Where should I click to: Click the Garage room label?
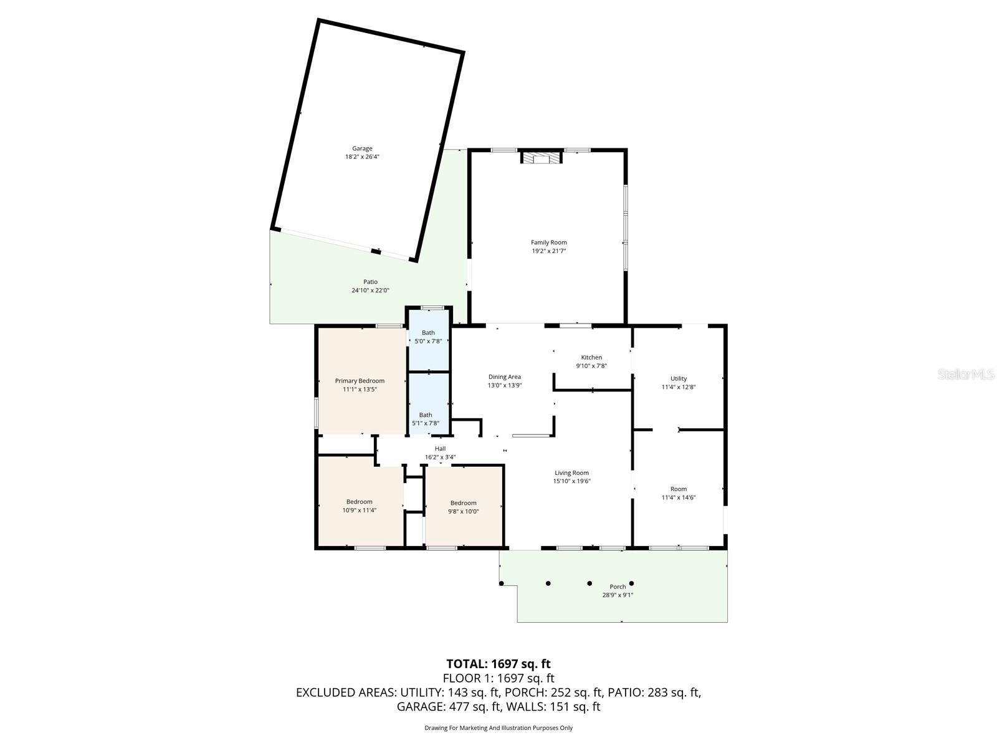362,148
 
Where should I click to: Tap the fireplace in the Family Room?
541,159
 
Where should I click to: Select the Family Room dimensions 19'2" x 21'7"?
549,251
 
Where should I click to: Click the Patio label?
370,282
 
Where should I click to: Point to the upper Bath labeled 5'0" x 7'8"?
428,337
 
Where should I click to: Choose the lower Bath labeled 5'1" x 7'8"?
426,419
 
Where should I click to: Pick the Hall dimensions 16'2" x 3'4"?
440,457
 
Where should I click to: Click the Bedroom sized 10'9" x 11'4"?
360,506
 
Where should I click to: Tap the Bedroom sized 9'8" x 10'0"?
463,507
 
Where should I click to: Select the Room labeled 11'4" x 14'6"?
679,493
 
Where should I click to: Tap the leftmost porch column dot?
502,583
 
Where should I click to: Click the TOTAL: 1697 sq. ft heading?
498,664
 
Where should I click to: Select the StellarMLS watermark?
966,375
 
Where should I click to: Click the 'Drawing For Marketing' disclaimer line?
498,727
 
